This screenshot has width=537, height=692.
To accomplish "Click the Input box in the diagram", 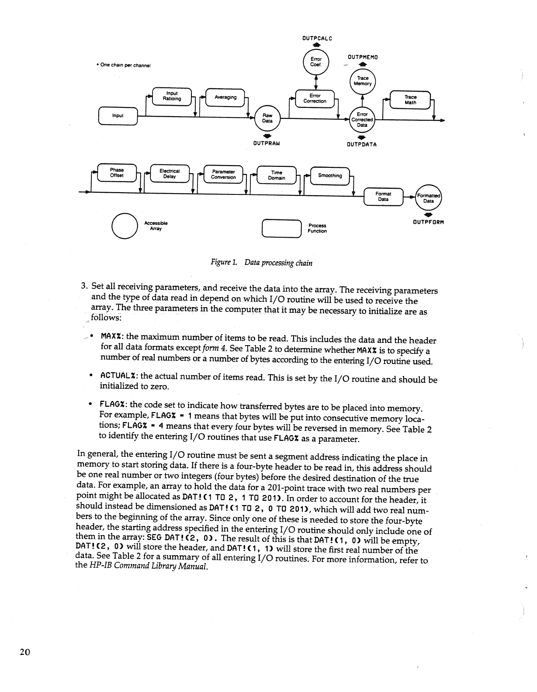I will [x=118, y=116].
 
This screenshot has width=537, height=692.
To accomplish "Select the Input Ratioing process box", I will [x=172, y=96].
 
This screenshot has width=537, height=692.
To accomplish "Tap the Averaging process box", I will [x=225, y=97].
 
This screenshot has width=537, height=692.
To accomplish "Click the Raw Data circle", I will [x=267, y=118].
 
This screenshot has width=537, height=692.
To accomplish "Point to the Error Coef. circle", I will [x=315, y=62].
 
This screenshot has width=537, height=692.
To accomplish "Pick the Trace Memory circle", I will [x=363, y=81].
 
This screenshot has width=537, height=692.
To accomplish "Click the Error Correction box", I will [x=315, y=98].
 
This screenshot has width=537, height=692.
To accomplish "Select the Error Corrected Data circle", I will [x=362, y=120].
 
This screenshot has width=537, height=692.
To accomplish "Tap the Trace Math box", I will [x=410, y=100].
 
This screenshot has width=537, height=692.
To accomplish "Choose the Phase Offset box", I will [x=117, y=173].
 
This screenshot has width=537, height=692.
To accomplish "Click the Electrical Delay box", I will [x=170, y=174].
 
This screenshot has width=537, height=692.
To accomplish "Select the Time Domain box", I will [x=277, y=175].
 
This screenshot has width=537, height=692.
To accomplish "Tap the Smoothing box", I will [x=330, y=176].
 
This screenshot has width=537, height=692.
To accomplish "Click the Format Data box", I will [x=383, y=197].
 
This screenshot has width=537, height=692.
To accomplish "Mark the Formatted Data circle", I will [x=429, y=198].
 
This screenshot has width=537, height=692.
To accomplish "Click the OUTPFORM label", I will [x=428, y=222].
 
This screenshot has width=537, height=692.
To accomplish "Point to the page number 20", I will [x=24, y=652].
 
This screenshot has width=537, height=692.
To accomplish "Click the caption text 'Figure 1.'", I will [x=224, y=263].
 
